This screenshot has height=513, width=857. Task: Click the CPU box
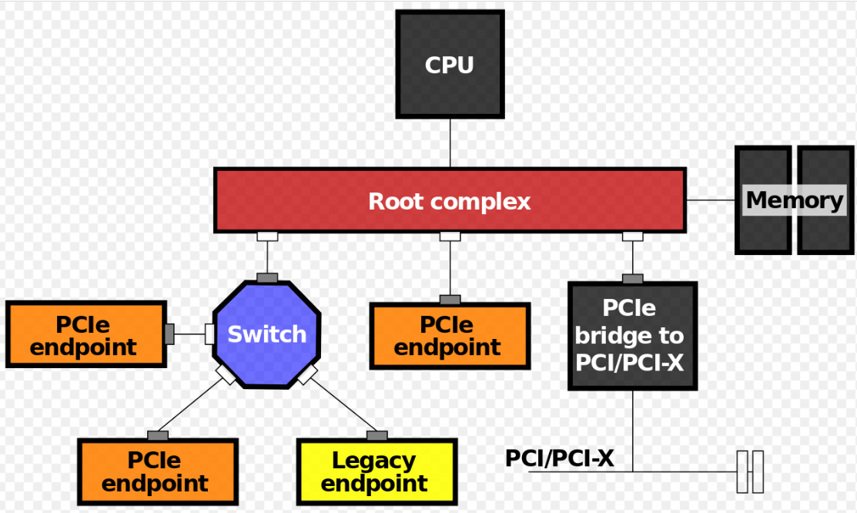pyautogui.click(x=450, y=64)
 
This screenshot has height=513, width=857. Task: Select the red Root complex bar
pyautogui.click(x=450, y=201)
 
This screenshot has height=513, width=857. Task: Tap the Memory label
pyautogui.click(x=795, y=200)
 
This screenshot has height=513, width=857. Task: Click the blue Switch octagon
pyautogui.click(x=266, y=334)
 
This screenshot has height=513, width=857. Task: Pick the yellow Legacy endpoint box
pyautogui.click(x=377, y=472)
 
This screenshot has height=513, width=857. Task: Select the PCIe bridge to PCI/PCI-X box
pyautogui.click(x=632, y=336)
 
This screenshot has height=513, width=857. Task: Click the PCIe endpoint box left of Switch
pyautogui.click(x=85, y=334)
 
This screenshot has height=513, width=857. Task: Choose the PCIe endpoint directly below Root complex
pyautogui.click(x=450, y=336)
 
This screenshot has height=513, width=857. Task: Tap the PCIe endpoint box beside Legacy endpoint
pyautogui.click(x=157, y=472)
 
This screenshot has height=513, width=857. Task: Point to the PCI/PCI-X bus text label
pyautogui.click(x=559, y=458)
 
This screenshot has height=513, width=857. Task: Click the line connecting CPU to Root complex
pyautogui.click(x=450, y=143)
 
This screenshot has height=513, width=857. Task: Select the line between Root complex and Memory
pyautogui.click(x=710, y=200)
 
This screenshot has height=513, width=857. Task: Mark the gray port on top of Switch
pyautogui.click(x=267, y=277)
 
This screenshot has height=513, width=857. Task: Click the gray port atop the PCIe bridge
pyautogui.click(x=633, y=278)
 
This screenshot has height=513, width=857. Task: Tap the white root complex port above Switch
pyautogui.click(x=267, y=236)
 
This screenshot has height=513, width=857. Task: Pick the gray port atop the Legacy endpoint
pyautogui.click(x=377, y=435)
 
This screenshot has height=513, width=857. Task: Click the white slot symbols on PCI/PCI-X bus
pyautogui.click(x=749, y=471)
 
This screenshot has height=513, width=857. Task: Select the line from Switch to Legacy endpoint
pyautogui.click(x=343, y=405)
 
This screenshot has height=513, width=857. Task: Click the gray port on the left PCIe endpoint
pyautogui.click(x=169, y=334)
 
